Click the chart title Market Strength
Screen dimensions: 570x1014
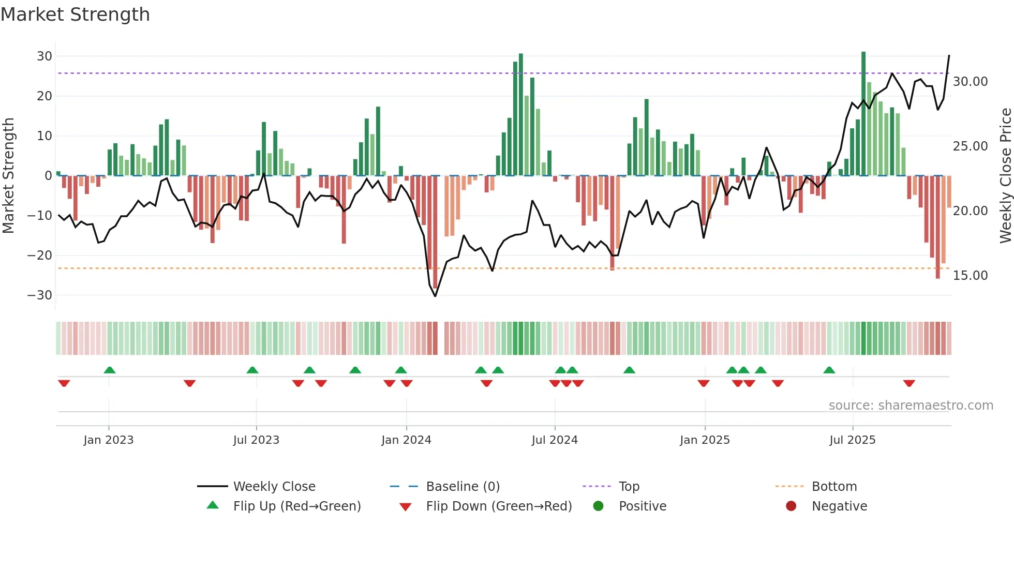[75, 14]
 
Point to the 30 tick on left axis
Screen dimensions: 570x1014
[44, 56]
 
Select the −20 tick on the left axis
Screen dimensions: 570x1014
[40, 255]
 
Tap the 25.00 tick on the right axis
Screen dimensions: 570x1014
[970, 146]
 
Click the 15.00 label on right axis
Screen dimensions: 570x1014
[970, 276]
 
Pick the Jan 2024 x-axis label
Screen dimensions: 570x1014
[406, 440]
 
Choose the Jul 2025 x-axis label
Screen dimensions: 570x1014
[852, 440]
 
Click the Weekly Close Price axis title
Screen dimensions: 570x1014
[1005, 176]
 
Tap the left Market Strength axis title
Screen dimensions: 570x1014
[8, 176]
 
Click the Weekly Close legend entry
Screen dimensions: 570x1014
[274, 487]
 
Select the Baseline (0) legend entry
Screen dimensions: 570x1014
[463, 487]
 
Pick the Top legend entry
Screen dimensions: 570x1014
[629, 487]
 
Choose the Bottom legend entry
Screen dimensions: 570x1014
[834, 487]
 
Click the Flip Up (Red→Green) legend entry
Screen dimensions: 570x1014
[296, 506]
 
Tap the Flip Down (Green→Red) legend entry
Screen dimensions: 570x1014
[499, 506]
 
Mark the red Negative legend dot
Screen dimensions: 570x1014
[791, 506]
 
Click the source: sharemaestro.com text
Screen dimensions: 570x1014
[911, 406]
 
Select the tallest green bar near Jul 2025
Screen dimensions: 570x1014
[863, 114]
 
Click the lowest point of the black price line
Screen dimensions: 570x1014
[435, 296]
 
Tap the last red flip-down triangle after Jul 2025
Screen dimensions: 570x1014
[909, 383]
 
